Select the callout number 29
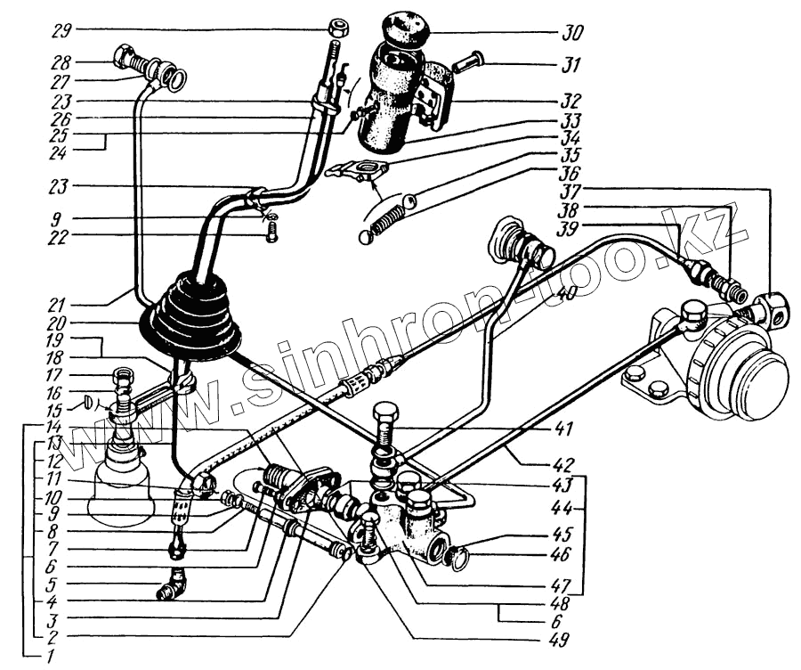61,29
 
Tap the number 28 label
61,63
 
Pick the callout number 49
559,638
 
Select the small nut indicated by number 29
337,28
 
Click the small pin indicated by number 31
466,64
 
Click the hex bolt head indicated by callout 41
384,415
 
